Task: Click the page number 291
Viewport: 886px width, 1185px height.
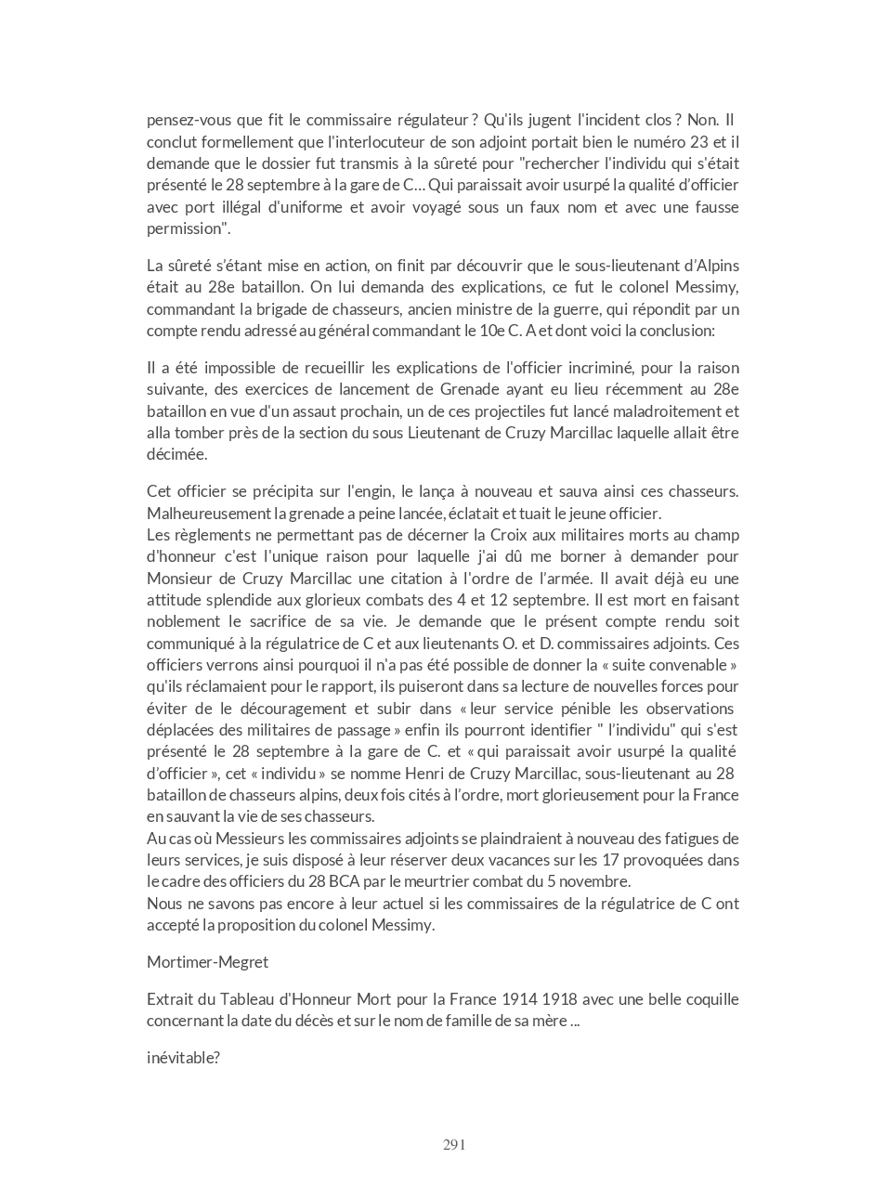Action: (x=454, y=1144)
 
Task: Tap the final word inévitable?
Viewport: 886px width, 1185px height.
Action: (x=183, y=1057)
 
